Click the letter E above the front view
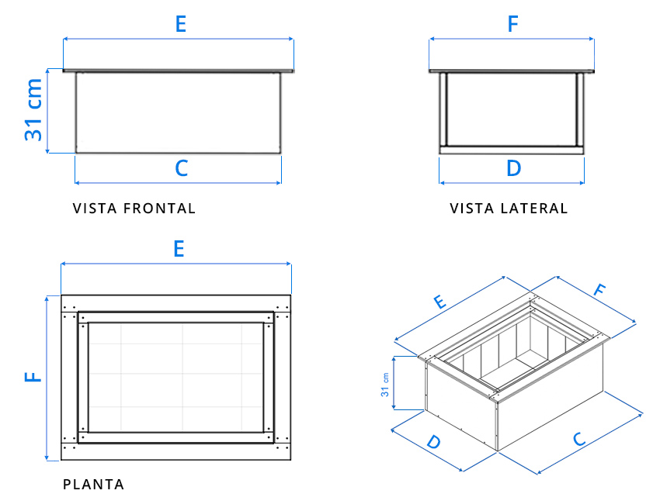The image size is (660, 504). tap(180, 24)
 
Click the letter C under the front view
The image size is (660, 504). tap(181, 168)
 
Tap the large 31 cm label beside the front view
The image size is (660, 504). tap(33, 109)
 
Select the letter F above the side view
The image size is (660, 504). tap(512, 24)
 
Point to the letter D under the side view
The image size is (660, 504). tap(513, 168)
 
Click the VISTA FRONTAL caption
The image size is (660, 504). tap(134, 209)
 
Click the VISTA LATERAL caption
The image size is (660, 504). tap(509, 209)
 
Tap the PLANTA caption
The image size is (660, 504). tap(93, 485)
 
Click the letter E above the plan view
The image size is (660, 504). tap(179, 249)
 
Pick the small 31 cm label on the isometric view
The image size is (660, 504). tap(385, 384)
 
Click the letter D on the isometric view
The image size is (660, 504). tap(434, 442)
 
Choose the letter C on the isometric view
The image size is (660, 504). tap(578, 439)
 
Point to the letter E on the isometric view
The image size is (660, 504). tap(439, 302)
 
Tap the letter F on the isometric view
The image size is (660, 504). tap(599, 291)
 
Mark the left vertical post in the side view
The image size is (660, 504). tap(443, 109)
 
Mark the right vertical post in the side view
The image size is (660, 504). tap(579, 109)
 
